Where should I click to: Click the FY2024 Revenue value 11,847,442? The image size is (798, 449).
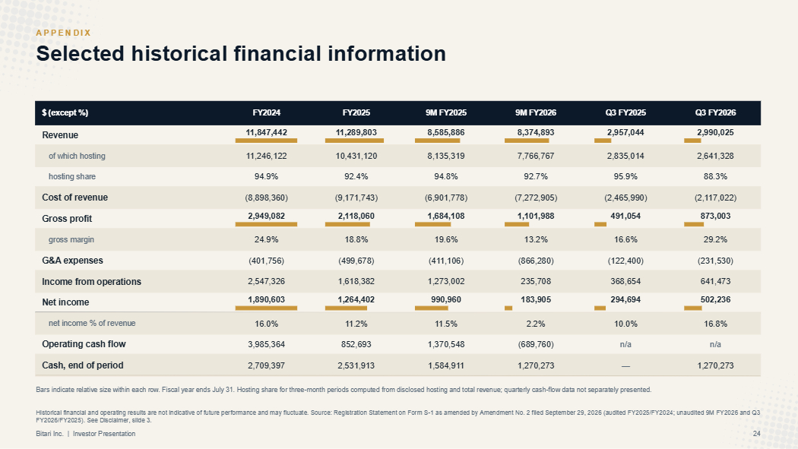[x=266, y=133]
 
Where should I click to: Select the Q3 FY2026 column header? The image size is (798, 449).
[x=715, y=113]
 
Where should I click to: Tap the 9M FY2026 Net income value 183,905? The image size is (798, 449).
[x=535, y=300]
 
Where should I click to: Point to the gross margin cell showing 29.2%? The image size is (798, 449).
[x=715, y=239]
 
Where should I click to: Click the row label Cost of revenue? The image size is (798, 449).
[x=74, y=198]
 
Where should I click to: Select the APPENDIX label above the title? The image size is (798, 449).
[x=64, y=33]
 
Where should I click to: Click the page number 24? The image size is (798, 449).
[x=756, y=434]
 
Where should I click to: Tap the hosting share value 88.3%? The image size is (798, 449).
[x=715, y=176]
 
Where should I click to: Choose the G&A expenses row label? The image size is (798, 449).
[x=72, y=261]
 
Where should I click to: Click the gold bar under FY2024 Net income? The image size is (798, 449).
[x=266, y=308]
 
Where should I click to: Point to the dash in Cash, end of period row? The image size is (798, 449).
[x=625, y=366]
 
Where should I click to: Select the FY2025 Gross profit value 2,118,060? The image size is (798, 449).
[x=356, y=216]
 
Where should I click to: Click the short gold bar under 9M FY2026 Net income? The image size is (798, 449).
[x=508, y=308]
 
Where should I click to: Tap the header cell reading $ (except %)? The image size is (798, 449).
[x=65, y=113]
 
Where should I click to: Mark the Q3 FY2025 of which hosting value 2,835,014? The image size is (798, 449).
[x=625, y=156]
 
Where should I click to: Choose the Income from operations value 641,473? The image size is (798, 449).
[x=715, y=281]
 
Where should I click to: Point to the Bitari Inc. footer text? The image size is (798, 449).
[x=50, y=434]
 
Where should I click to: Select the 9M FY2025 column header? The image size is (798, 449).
[x=446, y=113]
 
